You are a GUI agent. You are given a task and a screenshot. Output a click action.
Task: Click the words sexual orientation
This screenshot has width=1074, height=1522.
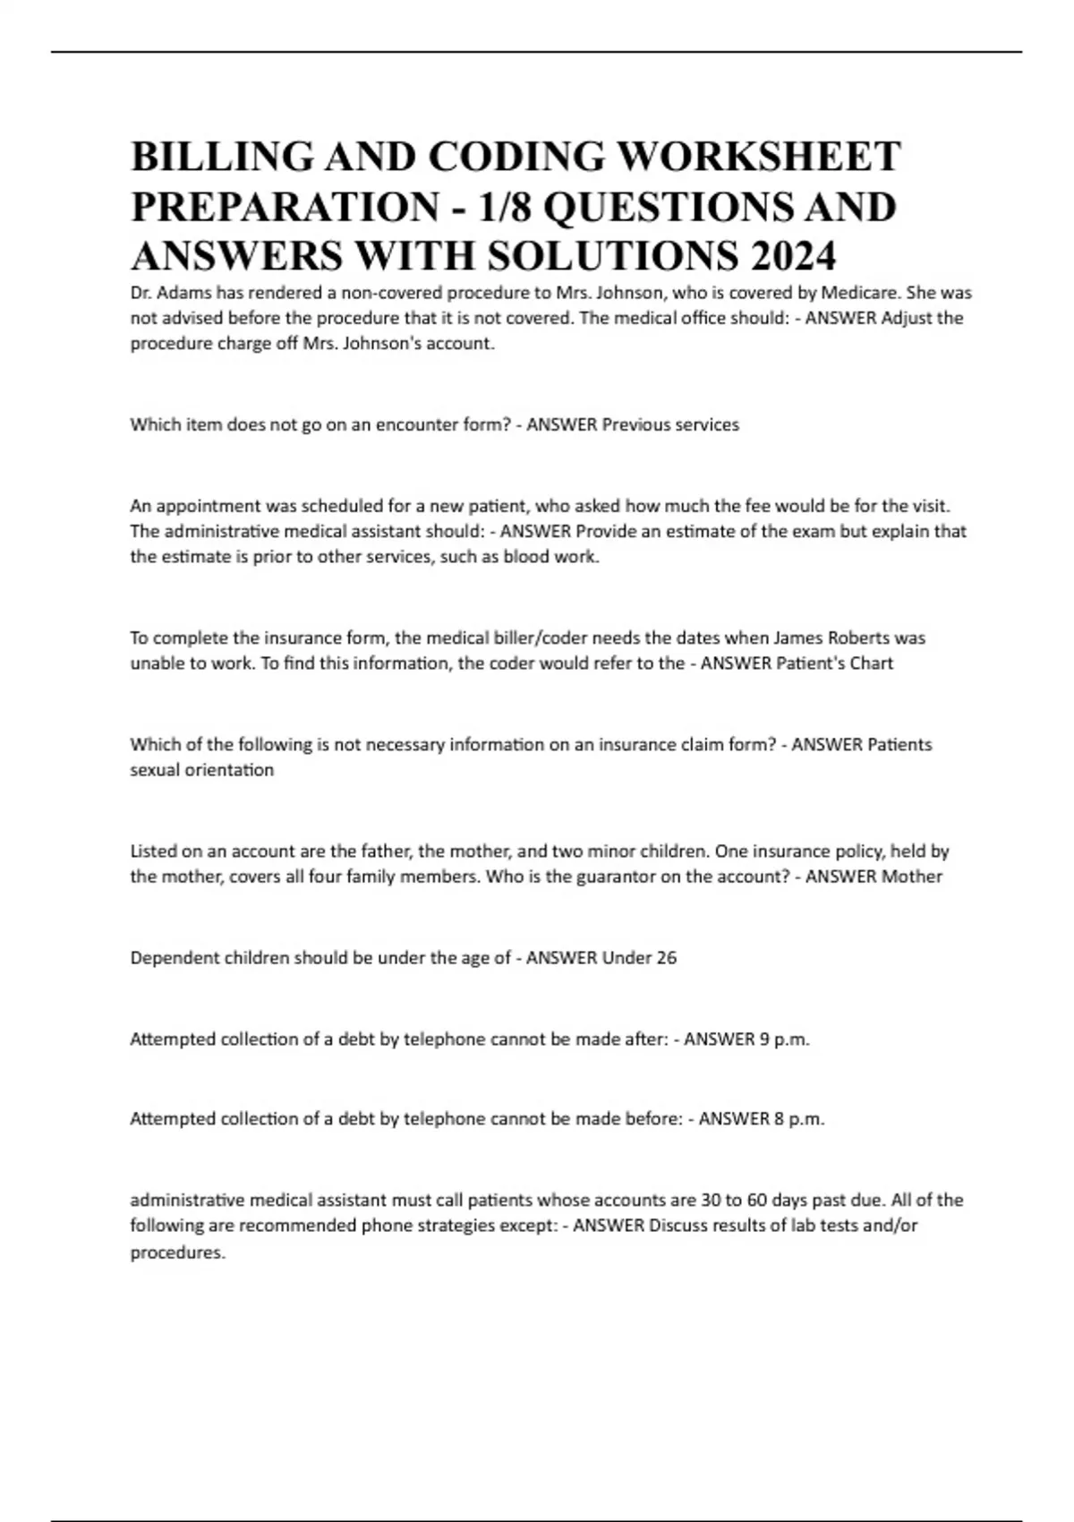point(202,770)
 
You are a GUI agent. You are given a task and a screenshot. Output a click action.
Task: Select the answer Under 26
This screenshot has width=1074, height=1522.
point(639,958)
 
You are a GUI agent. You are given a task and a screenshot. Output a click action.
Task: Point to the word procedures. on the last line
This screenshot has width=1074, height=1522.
point(177,1253)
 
